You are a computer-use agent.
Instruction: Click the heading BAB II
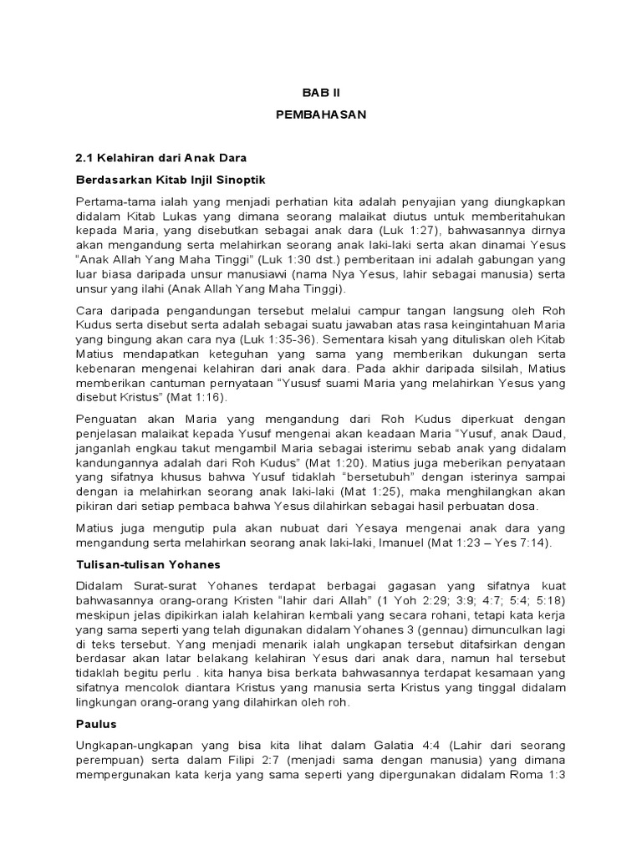coord(321,94)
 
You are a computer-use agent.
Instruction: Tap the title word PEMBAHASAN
coord(321,115)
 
